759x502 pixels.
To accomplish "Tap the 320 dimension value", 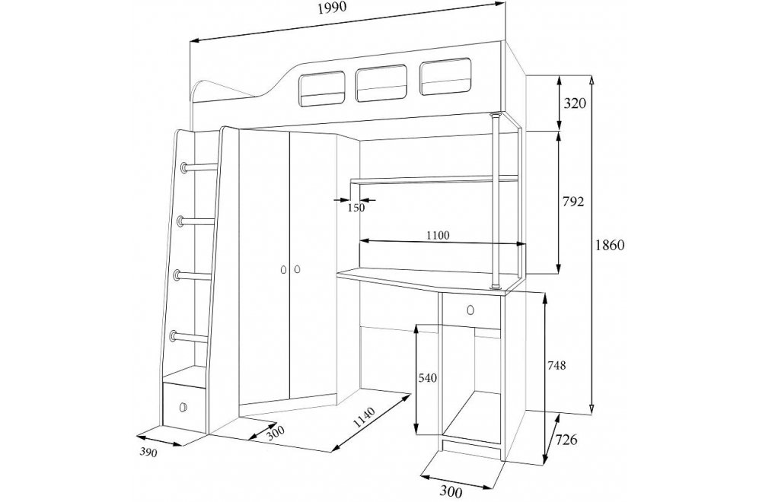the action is pyautogui.click(x=575, y=103).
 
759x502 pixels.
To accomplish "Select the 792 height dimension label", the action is pyautogui.click(x=572, y=202).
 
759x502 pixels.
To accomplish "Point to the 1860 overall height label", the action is pyautogui.click(x=610, y=245).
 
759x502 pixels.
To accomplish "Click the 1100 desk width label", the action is pyautogui.click(x=438, y=236).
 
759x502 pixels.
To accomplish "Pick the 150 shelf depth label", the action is pyautogui.click(x=356, y=208).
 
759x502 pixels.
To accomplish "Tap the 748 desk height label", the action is pyautogui.click(x=556, y=366).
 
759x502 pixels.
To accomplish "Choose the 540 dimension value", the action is pyautogui.click(x=428, y=378).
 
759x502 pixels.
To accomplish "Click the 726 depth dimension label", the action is pyautogui.click(x=566, y=440).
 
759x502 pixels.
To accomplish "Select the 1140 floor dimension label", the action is pyautogui.click(x=365, y=418).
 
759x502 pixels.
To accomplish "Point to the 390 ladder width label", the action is pyautogui.click(x=148, y=453).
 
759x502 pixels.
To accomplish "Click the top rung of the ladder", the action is pyautogui.click(x=199, y=167).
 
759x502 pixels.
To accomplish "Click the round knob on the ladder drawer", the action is pyautogui.click(x=183, y=407).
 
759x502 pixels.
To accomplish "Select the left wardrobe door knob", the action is pyautogui.click(x=284, y=269).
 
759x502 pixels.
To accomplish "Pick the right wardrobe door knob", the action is pyautogui.click(x=297, y=268).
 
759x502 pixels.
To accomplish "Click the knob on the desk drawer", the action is pyautogui.click(x=470, y=309).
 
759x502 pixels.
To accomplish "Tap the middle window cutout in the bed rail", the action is pyautogui.click(x=381, y=84).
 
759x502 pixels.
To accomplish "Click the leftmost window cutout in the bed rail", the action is pyautogui.click(x=322, y=89).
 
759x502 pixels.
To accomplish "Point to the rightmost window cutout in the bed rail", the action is pyautogui.click(x=445, y=77).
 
